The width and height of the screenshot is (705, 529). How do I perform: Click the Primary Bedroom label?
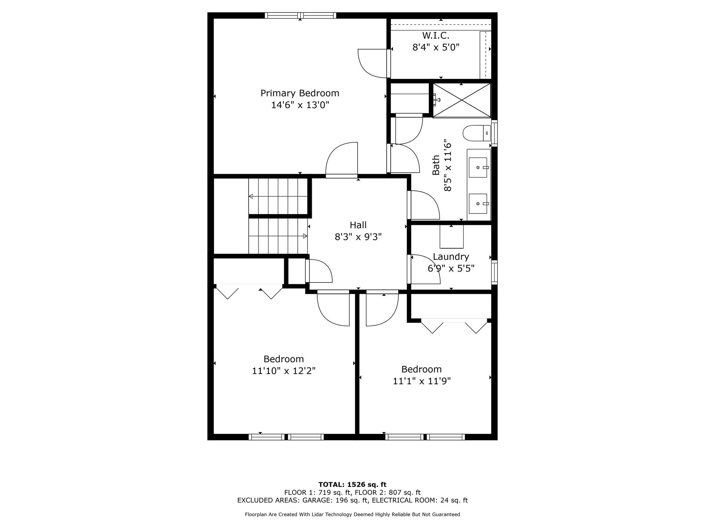(x=300, y=93)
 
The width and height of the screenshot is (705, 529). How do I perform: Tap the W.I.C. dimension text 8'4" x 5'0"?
(x=436, y=47)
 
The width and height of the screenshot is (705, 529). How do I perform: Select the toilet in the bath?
(x=476, y=133)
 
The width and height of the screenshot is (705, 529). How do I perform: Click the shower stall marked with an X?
(x=462, y=100)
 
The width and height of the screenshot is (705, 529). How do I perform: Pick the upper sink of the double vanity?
(x=478, y=168)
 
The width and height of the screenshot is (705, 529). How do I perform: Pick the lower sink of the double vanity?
(x=478, y=204)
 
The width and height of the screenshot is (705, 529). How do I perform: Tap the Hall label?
(x=358, y=225)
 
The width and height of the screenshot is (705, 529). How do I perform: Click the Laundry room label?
(x=451, y=256)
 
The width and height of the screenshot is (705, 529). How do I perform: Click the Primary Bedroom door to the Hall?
(x=342, y=160)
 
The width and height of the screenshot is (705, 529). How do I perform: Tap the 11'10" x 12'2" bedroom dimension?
(x=283, y=371)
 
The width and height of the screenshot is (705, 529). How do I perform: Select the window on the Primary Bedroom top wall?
(x=300, y=15)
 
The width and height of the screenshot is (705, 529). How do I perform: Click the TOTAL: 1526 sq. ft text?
(x=352, y=485)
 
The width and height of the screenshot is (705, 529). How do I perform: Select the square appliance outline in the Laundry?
(x=452, y=237)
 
